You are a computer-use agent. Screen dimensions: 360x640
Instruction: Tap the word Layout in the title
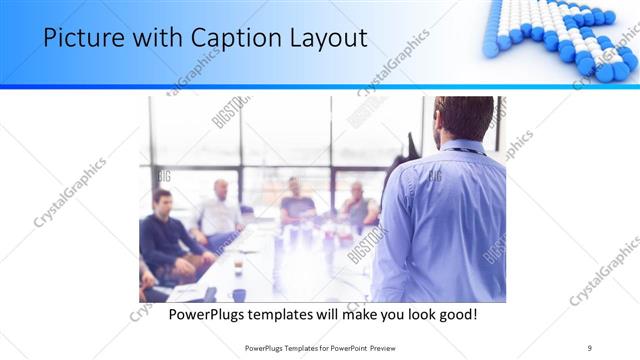(326, 38)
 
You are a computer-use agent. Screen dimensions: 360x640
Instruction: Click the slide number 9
(590, 347)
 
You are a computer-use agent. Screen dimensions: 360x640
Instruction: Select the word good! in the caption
(455, 314)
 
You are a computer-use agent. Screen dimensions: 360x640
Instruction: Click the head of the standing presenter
(464, 118)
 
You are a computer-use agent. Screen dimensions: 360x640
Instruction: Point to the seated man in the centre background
(296, 200)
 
